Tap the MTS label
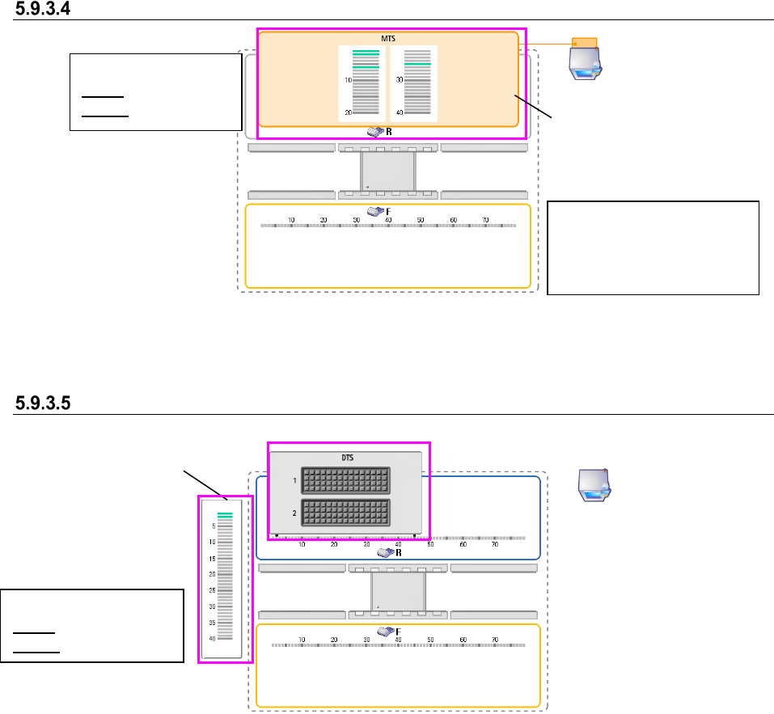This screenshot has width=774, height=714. [388, 38]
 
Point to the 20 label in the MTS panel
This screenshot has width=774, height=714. [348, 112]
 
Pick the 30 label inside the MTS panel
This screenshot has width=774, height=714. [400, 80]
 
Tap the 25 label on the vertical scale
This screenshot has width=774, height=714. [212, 590]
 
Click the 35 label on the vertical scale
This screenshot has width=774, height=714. [212, 623]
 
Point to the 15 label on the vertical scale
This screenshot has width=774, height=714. [212, 559]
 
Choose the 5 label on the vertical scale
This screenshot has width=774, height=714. [214, 526]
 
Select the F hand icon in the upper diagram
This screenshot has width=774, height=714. [377, 211]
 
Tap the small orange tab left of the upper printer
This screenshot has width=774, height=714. [584, 42]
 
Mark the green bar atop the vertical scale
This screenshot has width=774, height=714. [225, 515]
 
